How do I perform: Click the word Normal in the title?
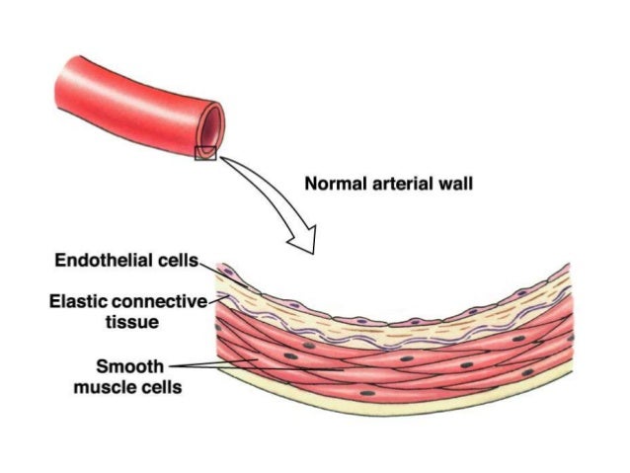coord(329,184)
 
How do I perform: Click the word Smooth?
coord(127,367)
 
